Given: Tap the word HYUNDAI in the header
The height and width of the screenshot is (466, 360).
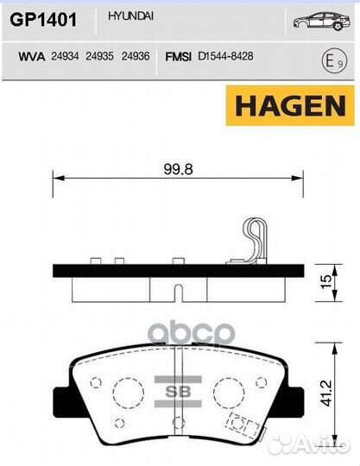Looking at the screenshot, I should click(126, 16).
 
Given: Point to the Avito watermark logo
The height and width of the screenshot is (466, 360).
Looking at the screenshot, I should click(309, 445).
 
